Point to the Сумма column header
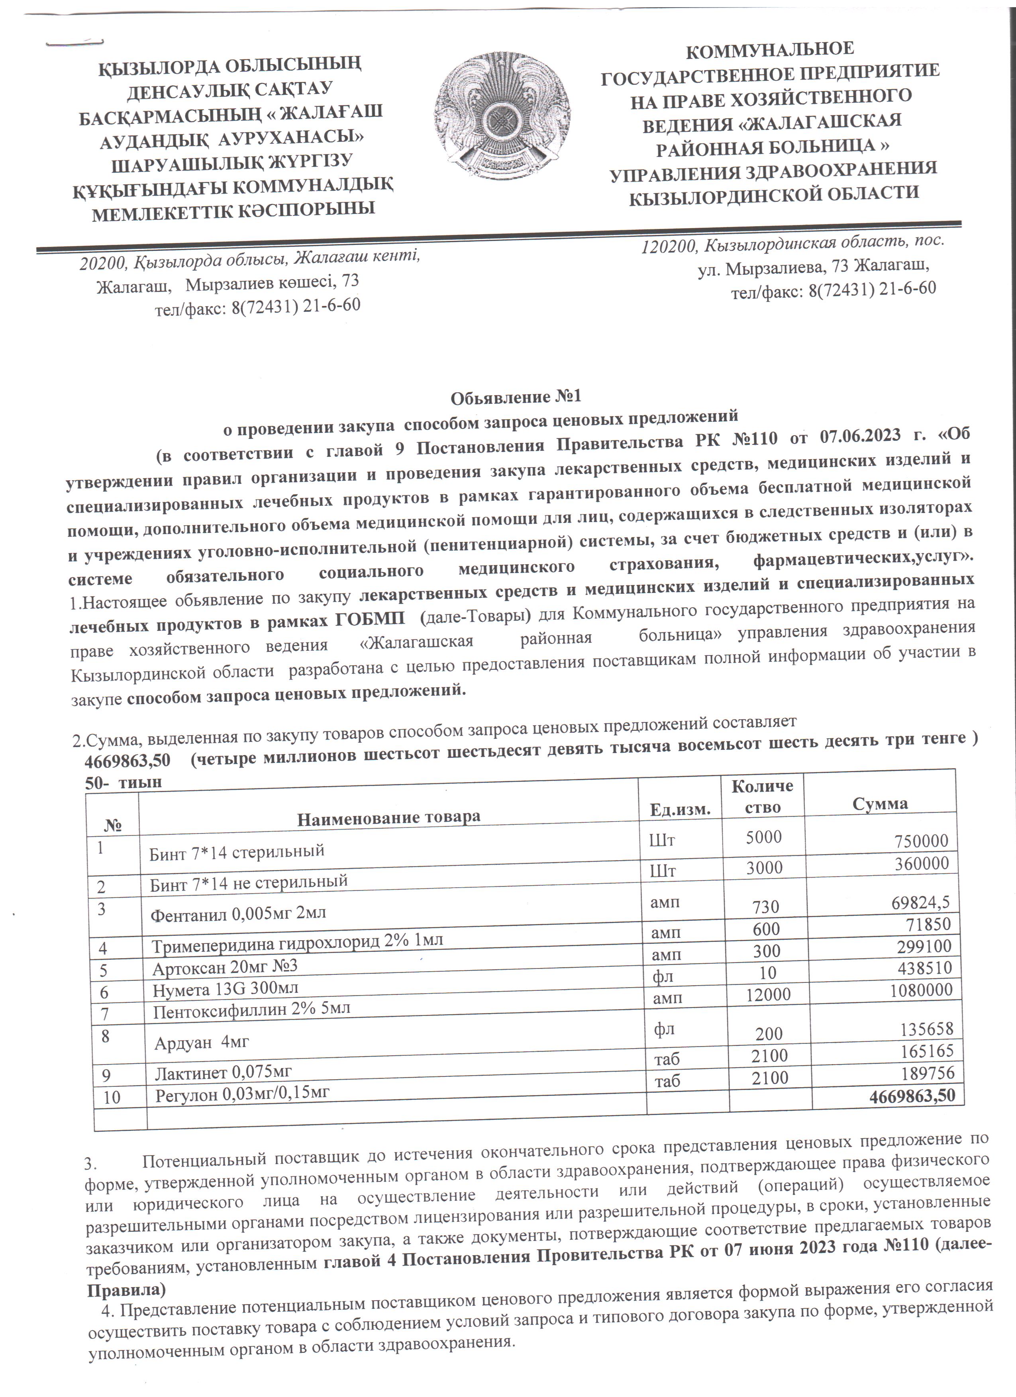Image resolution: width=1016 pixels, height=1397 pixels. (880, 803)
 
